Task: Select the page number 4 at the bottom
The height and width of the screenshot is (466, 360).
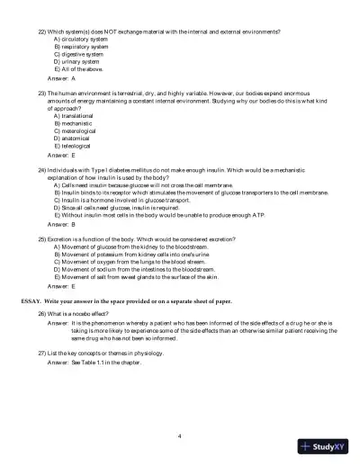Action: pyautogui.click(x=180, y=435)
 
